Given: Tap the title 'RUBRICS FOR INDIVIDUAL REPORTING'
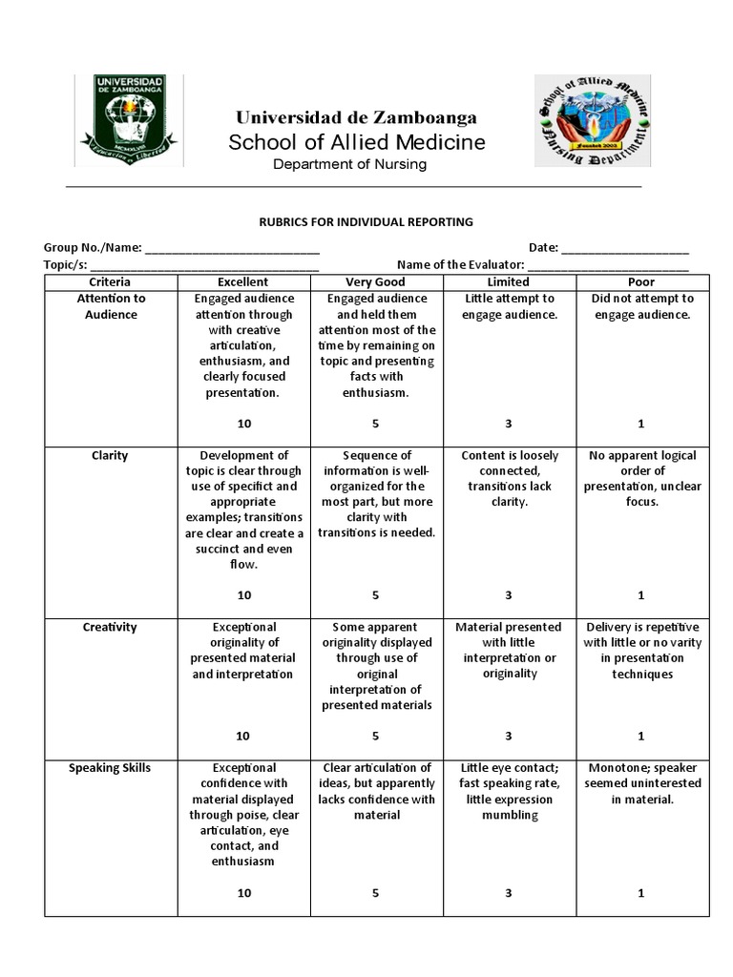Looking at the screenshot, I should [x=366, y=222].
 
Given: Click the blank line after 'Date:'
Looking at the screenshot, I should [x=625, y=248].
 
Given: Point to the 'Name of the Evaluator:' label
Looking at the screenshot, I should [x=460, y=264].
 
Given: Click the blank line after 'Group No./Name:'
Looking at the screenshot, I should [x=232, y=248].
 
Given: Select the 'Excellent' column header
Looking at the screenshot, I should [x=243, y=282].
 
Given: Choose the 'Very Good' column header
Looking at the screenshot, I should [x=375, y=282].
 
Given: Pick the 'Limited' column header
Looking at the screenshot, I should [x=508, y=282].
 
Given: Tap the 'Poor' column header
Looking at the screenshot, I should [x=640, y=282].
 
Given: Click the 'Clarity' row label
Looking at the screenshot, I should [x=111, y=456].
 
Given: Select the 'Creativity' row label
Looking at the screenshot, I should [x=111, y=628].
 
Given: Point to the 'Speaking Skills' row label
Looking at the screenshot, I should [x=111, y=768].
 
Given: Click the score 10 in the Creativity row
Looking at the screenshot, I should [x=244, y=736].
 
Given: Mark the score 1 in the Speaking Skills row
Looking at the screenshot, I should [x=641, y=893].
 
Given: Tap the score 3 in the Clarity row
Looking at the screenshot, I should [x=509, y=595].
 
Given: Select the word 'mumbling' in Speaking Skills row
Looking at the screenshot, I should [x=510, y=816].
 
